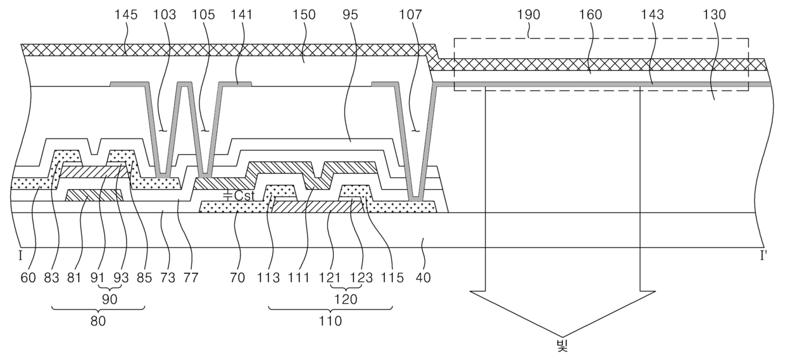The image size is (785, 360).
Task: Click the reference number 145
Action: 126,15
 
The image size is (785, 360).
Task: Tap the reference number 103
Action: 165,15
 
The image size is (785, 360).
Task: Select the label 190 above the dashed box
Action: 529,15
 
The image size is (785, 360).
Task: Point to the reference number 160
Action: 590,15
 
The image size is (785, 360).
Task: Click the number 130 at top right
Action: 715,15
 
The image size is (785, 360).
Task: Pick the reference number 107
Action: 411,15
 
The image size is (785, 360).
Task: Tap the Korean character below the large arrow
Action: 562,346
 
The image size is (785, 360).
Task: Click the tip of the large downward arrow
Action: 562,337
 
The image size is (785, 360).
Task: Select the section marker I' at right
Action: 763,257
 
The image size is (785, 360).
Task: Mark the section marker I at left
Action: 20,257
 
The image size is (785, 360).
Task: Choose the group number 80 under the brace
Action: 98,321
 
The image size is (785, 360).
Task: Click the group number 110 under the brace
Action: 330,321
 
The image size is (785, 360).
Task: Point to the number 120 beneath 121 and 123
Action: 346,299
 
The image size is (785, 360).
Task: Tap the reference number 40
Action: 423,278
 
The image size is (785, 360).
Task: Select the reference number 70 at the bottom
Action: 237,278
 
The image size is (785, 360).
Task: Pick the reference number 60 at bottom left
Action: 28,278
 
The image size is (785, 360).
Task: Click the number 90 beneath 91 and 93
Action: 110,299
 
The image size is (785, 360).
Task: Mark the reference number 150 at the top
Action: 304,15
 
